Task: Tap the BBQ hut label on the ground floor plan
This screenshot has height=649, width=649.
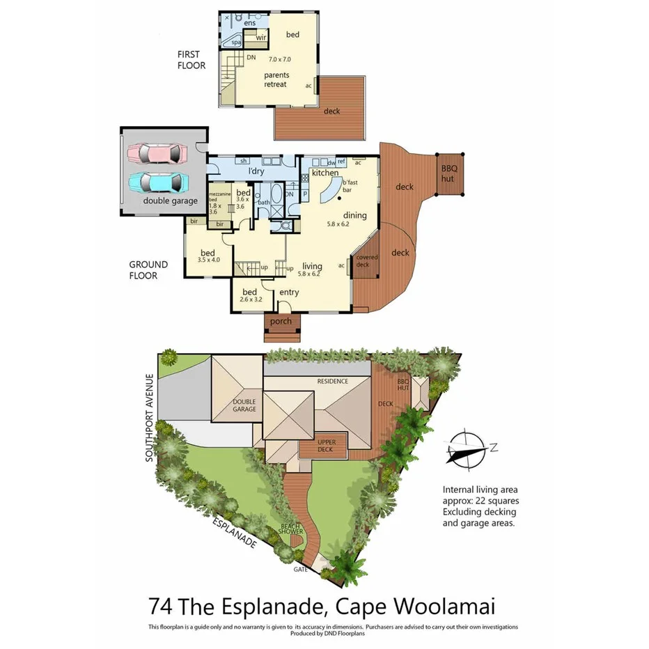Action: tap(449, 173)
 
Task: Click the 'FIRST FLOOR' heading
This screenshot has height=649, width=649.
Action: tap(191, 60)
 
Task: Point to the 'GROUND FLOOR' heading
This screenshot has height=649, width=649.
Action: tap(148, 270)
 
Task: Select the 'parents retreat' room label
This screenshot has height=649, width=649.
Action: tap(276, 79)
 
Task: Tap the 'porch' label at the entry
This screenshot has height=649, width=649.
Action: tap(281, 321)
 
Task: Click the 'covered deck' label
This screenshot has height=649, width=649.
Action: tap(366, 261)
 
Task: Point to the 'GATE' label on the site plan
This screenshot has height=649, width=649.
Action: tap(300, 569)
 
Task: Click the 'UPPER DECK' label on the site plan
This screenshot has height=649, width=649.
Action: tap(327, 446)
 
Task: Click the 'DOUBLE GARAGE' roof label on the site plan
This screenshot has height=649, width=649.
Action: tap(244, 406)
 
